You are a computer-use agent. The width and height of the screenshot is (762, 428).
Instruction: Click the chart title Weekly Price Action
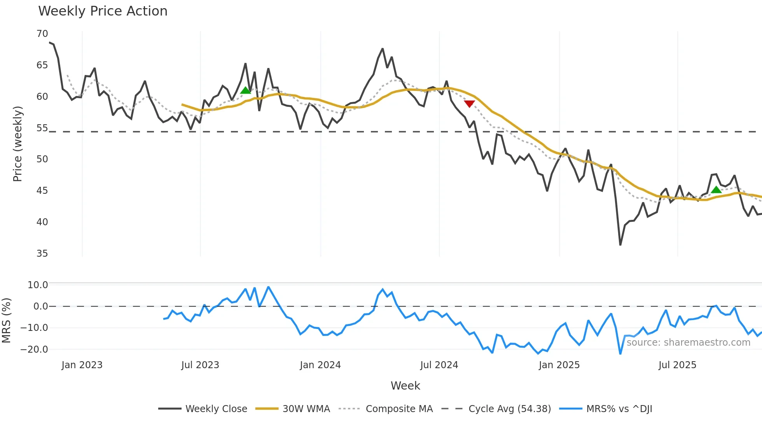click(x=103, y=11)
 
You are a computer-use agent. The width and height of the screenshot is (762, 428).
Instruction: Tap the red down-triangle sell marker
click(x=469, y=104)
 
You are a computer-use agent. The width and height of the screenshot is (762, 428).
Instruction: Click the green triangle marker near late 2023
click(x=245, y=90)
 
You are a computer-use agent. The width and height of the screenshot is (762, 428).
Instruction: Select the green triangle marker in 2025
click(x=716, y=190)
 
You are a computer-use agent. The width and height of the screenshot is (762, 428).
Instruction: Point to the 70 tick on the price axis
click(x=42, y=34)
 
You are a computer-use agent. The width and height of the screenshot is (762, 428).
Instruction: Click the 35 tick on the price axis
click(x=42, y=254)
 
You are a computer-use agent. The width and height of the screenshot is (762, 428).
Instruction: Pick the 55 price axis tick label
click(x=42, y=128)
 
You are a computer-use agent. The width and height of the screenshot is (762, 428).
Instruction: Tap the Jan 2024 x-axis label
click(x=320, y=365)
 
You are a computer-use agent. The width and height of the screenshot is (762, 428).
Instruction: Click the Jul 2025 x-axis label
click(x=677, y=365)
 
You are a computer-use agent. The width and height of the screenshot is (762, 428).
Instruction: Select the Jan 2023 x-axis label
click(x=82, y=365)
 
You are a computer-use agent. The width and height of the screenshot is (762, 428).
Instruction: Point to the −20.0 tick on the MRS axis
click(x=34, y=349)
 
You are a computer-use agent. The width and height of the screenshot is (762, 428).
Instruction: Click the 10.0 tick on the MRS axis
click(x=37, y=285)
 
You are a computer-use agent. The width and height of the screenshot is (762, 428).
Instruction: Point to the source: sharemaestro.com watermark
click(x=688, y=343)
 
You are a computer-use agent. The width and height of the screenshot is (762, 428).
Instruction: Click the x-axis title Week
click(x=405, y=386)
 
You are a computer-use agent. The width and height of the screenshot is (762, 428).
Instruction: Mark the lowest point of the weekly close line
click(x=620, y=245)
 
